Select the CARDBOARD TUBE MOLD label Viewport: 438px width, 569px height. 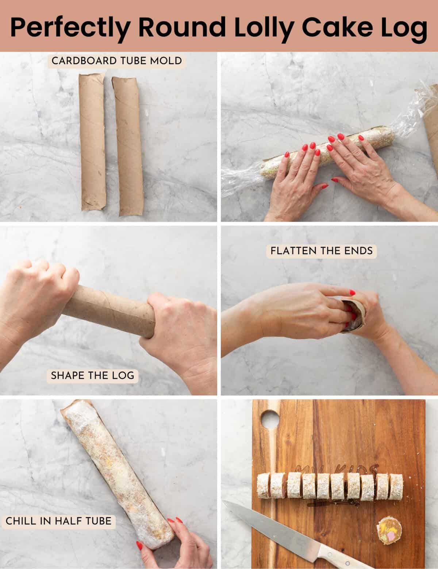(117, 61)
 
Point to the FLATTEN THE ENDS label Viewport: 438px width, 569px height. (322, 251)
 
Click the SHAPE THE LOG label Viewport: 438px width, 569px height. (92, 375)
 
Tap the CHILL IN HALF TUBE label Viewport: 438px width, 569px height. (58, 520)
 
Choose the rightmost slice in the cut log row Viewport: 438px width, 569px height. (396, 486)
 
